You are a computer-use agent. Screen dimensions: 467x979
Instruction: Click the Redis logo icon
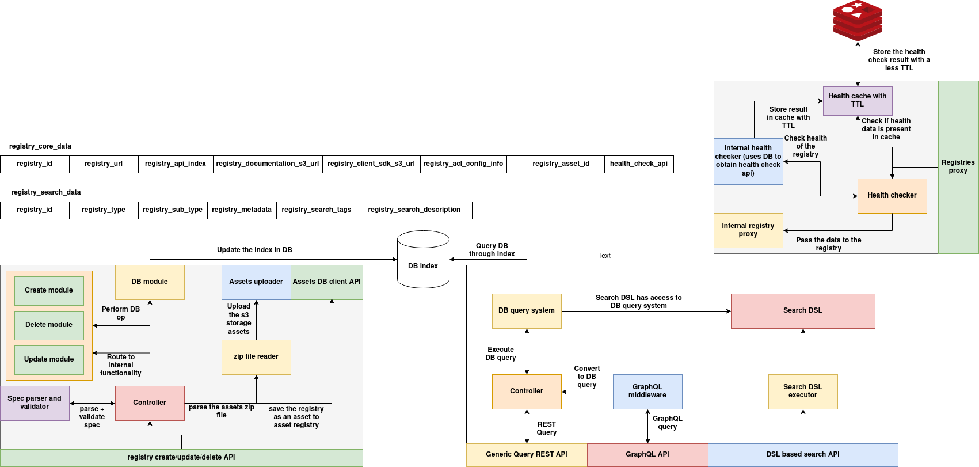click(x=858, y=21)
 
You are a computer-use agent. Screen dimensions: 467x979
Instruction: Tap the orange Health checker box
click(x=892, y=196)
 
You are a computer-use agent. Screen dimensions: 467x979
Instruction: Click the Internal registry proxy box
click(x=748, y=230)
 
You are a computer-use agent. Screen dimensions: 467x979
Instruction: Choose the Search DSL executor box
click(x=803, y=392)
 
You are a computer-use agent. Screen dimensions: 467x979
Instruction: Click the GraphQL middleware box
click(x=647, y=392)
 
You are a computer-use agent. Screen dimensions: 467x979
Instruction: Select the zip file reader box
click(x=256, y=357)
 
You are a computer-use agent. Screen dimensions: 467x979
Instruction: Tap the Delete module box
click(x=49, y=325)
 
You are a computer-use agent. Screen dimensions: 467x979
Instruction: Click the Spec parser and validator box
click(x=35, y=403)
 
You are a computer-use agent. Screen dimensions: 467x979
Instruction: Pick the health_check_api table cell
click(x=639, y=164)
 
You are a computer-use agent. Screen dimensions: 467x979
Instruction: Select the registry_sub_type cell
click(x=173, y=210)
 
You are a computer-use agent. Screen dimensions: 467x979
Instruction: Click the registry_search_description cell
click(x=414, y=210)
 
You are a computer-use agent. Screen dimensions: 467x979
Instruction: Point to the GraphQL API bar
click(x=647, y=455)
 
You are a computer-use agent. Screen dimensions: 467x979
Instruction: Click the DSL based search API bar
click(x=803, y=455)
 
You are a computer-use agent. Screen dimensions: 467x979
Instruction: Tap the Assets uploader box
click(x=256, y=282)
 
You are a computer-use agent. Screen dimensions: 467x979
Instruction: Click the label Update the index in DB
click(x=254, y=250)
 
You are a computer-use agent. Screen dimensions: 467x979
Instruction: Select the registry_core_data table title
click(x=40, y=146)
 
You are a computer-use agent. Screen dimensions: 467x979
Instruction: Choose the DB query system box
click(x=527, y=311)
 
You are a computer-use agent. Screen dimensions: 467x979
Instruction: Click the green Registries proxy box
click(x=958, y=167)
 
